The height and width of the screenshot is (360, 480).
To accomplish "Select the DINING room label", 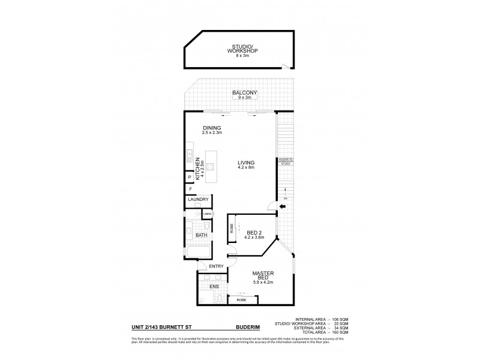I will [212, 128].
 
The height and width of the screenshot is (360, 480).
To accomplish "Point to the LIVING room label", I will [245, 163].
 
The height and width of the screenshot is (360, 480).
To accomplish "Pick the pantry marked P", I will [189, 178].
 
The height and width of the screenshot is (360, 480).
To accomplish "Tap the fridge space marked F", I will [189, 190].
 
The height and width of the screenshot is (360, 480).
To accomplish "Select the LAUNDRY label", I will [197, 200].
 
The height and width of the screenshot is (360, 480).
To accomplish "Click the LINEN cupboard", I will [208, 214].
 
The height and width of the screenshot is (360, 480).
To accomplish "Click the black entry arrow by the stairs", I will [282, 208].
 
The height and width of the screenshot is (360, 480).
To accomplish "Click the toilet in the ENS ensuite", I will [219, 298].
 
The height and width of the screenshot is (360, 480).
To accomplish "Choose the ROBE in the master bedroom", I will [241, 299].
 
